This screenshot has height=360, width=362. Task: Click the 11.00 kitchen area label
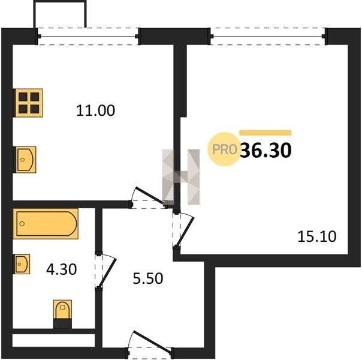[95, 110]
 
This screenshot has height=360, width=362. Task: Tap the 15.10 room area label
[316, 236]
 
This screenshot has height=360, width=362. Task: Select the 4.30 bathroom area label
[61, 269]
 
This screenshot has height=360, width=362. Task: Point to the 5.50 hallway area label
[148, 278]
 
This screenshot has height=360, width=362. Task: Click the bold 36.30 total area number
[266, 150]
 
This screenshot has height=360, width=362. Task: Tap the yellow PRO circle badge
[224, 149]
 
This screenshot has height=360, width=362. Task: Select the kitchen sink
[26, 160]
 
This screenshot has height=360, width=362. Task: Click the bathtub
[46, 224]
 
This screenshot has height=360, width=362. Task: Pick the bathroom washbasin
[22, 264]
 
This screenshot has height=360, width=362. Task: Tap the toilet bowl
[62, 309]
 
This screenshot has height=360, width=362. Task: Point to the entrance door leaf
[152, 341]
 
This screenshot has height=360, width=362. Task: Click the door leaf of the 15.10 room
[185, 232]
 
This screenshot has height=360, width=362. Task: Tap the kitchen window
[88, 36]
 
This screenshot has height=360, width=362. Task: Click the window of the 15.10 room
[268, 36]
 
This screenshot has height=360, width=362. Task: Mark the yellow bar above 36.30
[266, 133]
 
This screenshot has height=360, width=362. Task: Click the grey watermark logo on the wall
[181, 177]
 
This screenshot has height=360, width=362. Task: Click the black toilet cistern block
[62, 323]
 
